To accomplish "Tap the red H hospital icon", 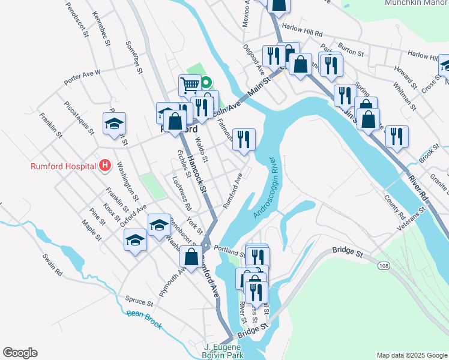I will pyautogui.click(x=105, y=164).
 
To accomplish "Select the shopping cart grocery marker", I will pyautogui.click(x=190, y=85).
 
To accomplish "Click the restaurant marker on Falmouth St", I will pyautogui.click(x=244, y=139).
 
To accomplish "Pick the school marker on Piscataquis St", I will pyautogui.click(x=114, y=123).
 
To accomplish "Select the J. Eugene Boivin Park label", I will pyautogui.click(x=223, y=351).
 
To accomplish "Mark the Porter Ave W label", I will pyautogui.click(x=82, y=76).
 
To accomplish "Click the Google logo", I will pyautogui.click(x=20, y=353).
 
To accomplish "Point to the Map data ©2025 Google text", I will pyautogui.click(x=411, y=355).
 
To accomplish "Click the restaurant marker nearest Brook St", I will pyautogui.click(x=397, y=136).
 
